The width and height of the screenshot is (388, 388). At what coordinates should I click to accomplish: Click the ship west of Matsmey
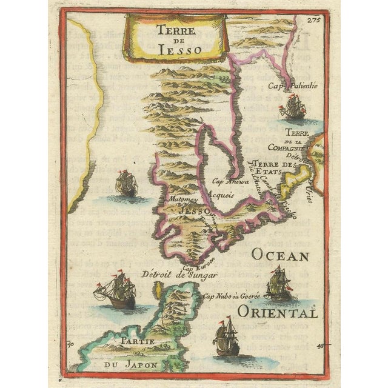tap(125, 184)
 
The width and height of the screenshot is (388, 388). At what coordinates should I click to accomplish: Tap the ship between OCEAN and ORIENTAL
tap(278, 283)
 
